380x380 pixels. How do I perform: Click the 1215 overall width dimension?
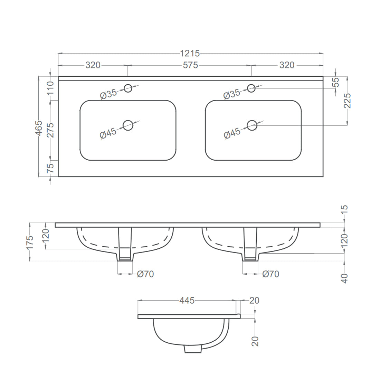(190, 53)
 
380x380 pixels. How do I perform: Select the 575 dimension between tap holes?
(190, 65)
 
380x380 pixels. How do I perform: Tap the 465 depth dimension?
(39, 127)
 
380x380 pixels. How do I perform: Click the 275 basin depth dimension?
(50, 130)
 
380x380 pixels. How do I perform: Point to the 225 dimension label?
(347, 101)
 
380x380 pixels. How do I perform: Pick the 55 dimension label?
(336, 83)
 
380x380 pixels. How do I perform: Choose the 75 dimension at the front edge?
(50, 168)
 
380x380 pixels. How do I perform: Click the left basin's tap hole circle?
(128, 88)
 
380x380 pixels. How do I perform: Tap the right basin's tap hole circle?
(251, 88)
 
